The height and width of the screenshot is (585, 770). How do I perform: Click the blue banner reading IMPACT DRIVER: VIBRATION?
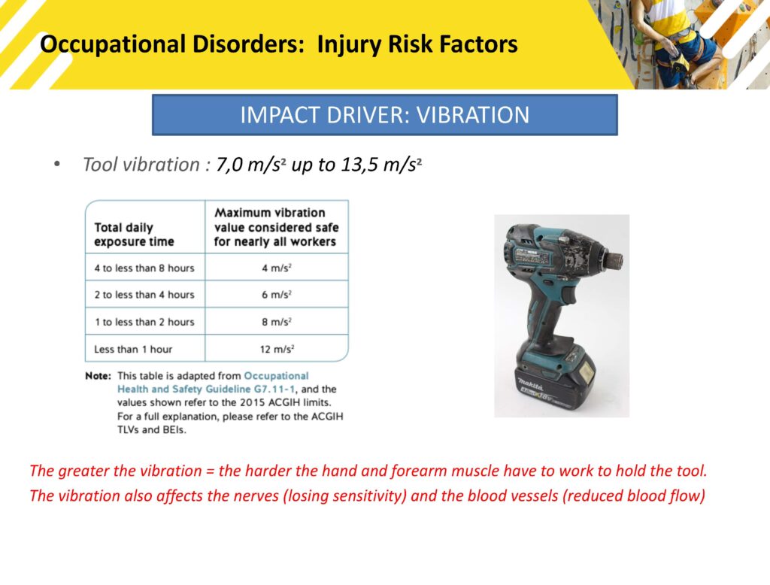(384, 115)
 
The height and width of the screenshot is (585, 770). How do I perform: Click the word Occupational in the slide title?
(113, 44)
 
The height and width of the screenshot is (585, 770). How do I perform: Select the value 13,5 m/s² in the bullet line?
(381, 165)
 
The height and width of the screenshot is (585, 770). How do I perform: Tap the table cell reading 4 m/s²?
(277, 268)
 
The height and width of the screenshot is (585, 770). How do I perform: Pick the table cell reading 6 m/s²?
(277, 295)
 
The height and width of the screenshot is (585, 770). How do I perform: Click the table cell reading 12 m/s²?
(277, 349)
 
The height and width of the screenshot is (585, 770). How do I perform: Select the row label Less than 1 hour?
(133, 349)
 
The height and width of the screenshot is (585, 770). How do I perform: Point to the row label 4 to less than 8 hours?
(144, 268)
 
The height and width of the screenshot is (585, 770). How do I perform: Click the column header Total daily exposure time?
(134, 235)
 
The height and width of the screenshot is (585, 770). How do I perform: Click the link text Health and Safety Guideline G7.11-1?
(206, 389)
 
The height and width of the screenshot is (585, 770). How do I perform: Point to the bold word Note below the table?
(99, 376)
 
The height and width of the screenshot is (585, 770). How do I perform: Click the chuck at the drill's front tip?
(614, 259)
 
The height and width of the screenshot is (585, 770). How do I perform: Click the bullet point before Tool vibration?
(57, 165)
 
